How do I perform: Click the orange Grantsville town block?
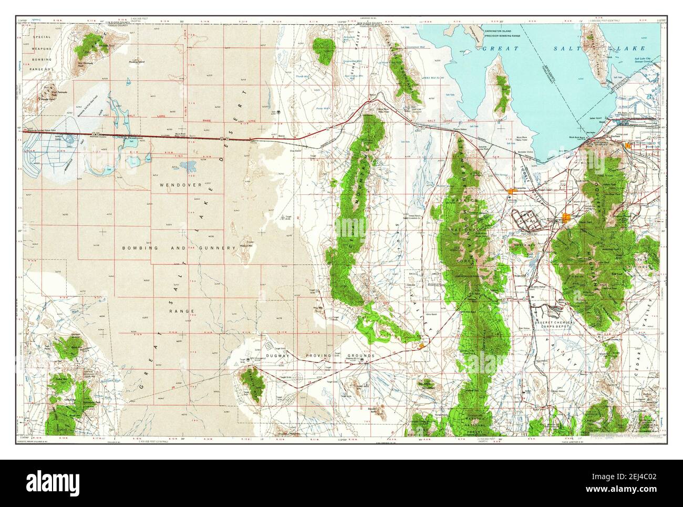pos(513,191)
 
